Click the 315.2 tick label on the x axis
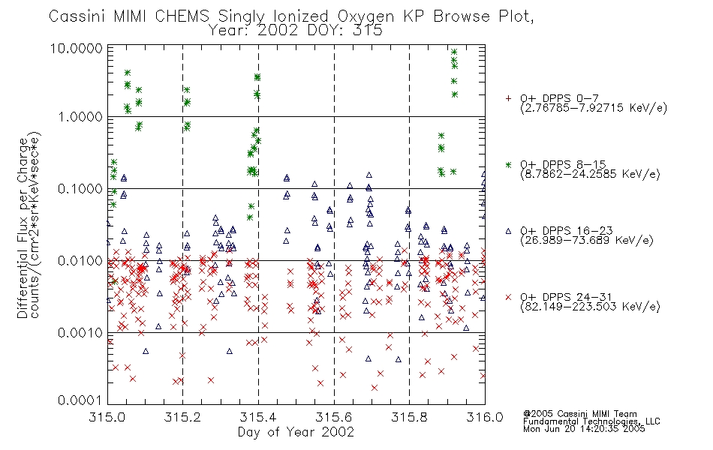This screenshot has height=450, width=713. (182, 417)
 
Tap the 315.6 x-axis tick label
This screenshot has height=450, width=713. (333, 417)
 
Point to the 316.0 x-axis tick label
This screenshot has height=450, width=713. (485, 417)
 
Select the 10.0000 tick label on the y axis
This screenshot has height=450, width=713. (77, 48)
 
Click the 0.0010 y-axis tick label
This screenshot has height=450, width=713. (80, 333)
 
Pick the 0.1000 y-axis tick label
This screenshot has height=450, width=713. (80, 189)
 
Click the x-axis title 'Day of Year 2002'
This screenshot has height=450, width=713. (296, 432)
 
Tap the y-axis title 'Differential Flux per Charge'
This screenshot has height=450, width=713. (23, 228)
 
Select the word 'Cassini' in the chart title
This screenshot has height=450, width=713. (77, 16)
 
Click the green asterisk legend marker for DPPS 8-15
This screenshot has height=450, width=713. (508, 164)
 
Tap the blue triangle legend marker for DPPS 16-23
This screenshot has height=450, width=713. (508, 231)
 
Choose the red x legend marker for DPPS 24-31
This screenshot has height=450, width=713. (508, 297)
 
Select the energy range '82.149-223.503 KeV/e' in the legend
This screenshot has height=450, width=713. (590, 307)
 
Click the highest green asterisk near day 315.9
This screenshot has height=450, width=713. (454, 52)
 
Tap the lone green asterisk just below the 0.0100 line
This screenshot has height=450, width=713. (115, 282)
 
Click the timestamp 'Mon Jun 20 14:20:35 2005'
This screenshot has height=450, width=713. (584, 429)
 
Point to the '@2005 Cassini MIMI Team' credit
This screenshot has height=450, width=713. (579, 414)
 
